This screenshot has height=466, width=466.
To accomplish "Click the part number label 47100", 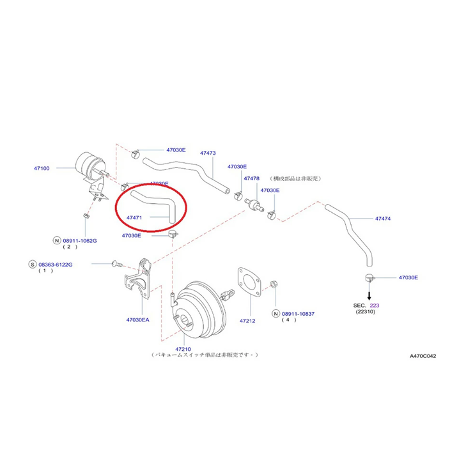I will click(42, 168).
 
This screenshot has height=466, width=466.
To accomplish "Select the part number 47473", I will click(207, 153).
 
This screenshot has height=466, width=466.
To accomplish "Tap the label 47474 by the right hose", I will click(383, 219).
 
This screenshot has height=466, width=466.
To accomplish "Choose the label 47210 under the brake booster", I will click(183, 349).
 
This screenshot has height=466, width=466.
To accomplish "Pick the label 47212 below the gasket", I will click(247, 320).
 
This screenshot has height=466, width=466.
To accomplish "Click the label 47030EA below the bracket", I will click(137, 319).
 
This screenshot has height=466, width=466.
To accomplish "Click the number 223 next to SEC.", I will click(375, 306).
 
